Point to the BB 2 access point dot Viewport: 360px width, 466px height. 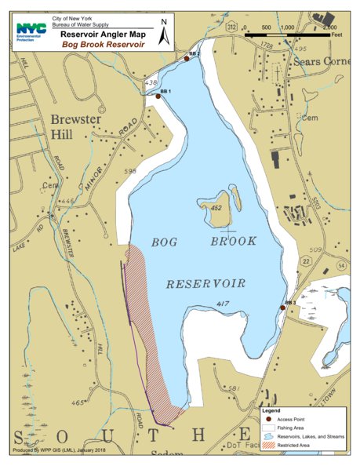[x=186, y=58]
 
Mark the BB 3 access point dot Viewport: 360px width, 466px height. [x=282, y=308]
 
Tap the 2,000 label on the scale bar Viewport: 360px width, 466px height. [x=330, y=27]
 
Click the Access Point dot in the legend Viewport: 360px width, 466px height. [x=268, y=420]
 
